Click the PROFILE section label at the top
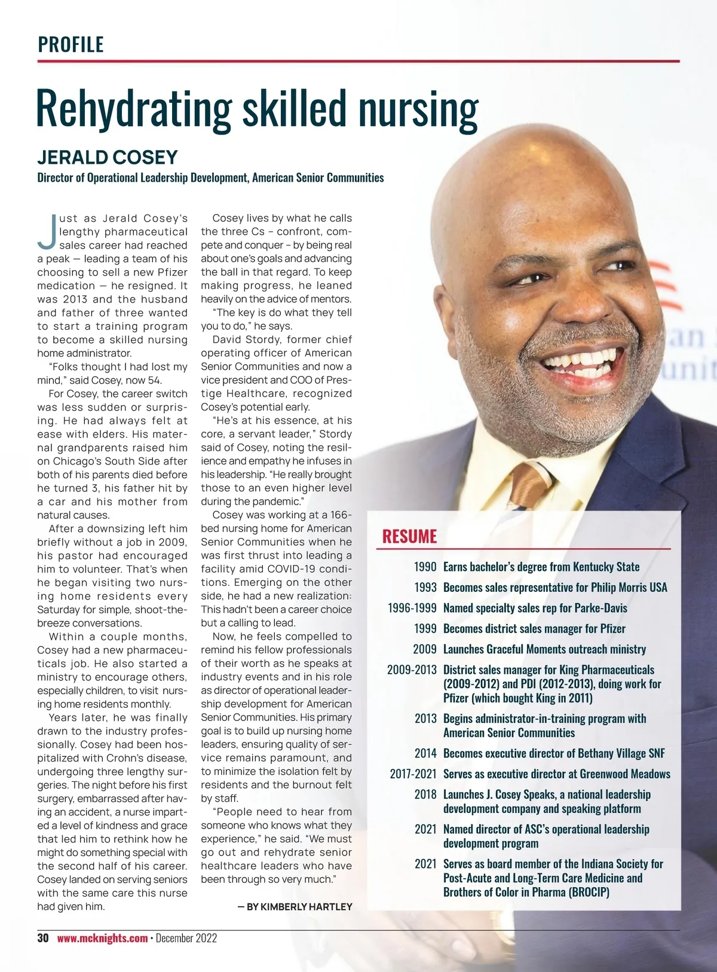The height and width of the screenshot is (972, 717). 71,44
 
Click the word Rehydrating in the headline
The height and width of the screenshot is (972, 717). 133,109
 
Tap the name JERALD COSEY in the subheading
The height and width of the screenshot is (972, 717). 108,157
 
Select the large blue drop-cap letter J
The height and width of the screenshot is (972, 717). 47,232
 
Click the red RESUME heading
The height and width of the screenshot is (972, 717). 409,536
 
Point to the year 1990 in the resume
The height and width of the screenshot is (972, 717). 425,567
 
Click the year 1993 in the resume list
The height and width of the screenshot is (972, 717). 425,588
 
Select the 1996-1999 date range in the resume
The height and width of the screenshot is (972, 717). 412,608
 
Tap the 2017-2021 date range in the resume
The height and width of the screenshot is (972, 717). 413,774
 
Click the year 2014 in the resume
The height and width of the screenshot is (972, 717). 425,753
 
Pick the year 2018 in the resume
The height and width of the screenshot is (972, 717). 425,794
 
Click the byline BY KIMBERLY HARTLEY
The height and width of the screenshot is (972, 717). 295,907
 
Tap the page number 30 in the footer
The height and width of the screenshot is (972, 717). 43,938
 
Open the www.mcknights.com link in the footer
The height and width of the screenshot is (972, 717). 102,939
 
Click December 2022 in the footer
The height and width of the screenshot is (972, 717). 186,939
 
